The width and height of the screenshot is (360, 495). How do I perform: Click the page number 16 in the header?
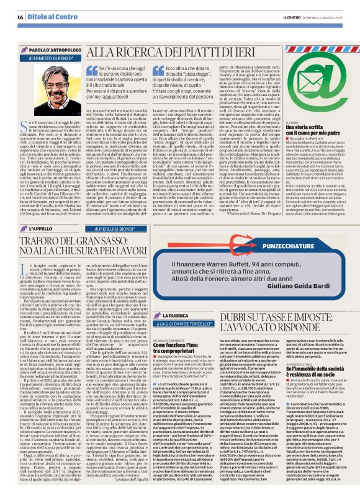coord(20,17)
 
